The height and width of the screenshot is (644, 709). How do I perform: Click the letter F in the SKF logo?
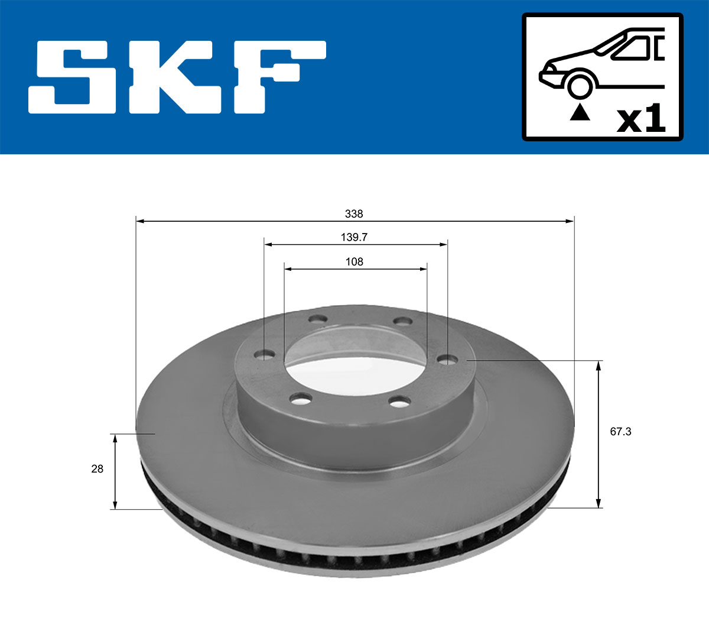(x=278, y=77)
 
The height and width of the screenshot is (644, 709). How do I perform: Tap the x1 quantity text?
(x=641, y=119)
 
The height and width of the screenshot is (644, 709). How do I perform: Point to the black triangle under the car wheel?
(x=580, y=111)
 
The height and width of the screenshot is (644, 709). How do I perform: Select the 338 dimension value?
(x=354, y=213)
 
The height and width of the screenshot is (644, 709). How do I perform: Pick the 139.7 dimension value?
(x=354, y=237)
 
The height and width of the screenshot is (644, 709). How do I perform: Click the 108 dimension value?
(x=354, y=261)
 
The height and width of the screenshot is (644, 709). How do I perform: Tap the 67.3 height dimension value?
(x=620, y=432)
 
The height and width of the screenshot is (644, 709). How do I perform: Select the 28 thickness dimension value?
(x=97, y=469)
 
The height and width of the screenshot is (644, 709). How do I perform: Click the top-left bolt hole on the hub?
(x=318, y=319)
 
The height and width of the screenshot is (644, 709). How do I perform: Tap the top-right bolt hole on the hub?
(x=402, y=321)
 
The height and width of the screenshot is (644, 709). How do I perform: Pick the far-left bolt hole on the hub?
(x=264, y=355)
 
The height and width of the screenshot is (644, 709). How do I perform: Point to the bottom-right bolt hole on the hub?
(x=400, y=402)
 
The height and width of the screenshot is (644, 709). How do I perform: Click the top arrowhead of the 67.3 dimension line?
(x=599, y=365)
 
